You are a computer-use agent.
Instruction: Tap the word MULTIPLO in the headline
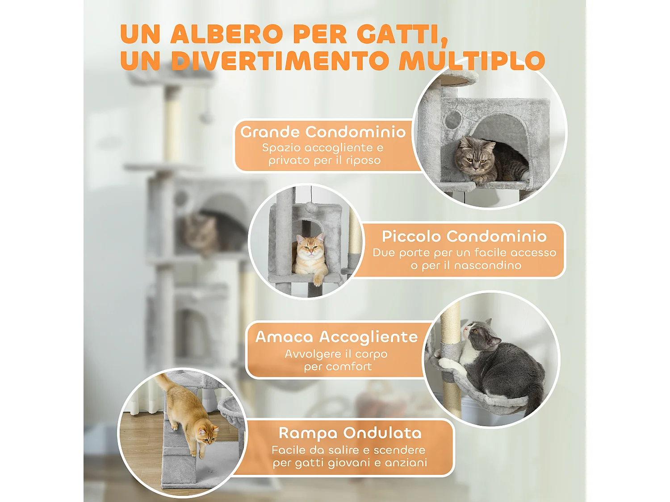coord(472,61)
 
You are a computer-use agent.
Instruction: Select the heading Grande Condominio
coord(323,132)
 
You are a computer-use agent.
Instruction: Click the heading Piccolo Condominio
coord(464,236)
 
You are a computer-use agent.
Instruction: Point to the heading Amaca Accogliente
coord(336,336)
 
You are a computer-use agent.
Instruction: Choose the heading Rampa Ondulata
coord(350,433)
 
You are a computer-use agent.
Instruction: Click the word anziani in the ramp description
coord(406,463)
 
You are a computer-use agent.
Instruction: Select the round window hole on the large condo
coord(453,120)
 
